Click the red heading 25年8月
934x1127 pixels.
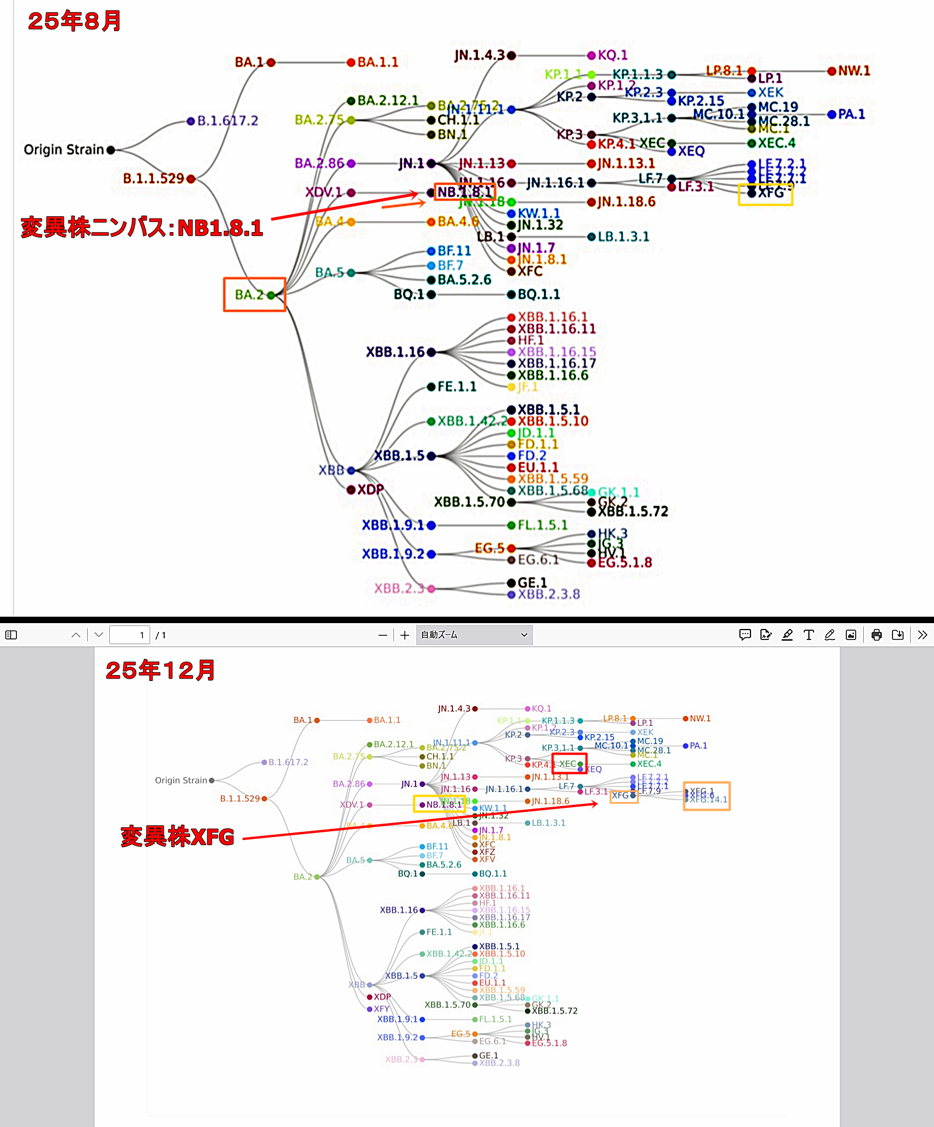(x=74, y=21)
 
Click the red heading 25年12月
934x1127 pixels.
(x=160, y=670)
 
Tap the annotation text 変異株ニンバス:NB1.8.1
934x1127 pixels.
(x=142, y=227)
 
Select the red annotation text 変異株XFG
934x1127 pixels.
(x=177, y=836)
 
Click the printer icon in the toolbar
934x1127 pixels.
(x=876, y=635)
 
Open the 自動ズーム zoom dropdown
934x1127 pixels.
(x=474, y=635)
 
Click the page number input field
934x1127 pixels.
(x=130, y=635)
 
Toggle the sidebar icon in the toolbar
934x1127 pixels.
(x=11, y=635)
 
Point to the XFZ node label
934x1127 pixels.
(x=487, y=852)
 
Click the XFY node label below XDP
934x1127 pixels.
(x=382, y=1009)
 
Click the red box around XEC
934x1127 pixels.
(x=569, y=764)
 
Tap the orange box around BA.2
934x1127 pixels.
(x=254, y=295)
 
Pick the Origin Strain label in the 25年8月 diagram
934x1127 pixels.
(x=64, y=150)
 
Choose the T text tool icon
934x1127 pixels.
(x=808, y=635)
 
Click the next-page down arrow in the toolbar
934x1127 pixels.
(x=99, y=635)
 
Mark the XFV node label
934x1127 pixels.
(x=487, y=859)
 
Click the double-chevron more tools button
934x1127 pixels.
(x=922, y=635)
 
